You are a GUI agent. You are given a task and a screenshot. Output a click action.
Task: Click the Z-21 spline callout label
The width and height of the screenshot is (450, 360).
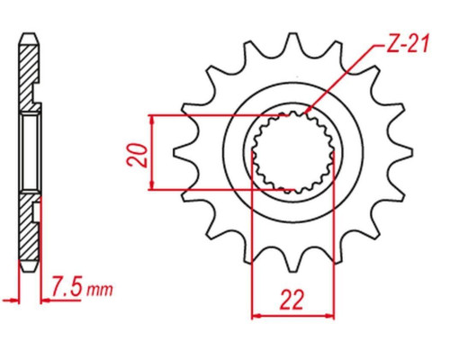(x=408, y=43)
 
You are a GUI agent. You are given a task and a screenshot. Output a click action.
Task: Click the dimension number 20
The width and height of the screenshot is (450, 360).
(x=138, y=155)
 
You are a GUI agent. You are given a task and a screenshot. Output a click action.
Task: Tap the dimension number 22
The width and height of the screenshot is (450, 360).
(x=292, y=300)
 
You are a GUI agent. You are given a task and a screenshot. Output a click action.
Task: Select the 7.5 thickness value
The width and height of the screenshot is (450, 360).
(x=67, y=286)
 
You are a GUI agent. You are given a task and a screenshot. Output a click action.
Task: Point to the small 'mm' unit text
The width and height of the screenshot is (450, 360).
(x=100, y=290)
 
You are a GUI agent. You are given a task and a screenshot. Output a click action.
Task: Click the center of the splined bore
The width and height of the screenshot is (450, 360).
(x=292, y=152)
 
